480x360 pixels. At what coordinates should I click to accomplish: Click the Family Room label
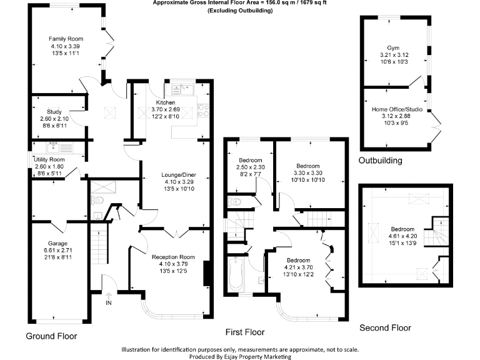point(66,39)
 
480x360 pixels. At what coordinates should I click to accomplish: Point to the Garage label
point(57,243)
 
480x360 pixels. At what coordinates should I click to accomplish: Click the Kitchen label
point(166,102)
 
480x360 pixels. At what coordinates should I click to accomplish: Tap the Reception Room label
point(174,257)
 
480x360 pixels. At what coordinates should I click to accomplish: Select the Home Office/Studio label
point(397,110)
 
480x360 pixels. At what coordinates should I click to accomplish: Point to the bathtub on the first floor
point(236,274)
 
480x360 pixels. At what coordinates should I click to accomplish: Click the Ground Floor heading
point(51,336)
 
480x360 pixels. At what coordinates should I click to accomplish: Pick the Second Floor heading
point(385,327)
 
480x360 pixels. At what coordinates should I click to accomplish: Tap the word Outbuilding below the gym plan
point(380,161)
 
